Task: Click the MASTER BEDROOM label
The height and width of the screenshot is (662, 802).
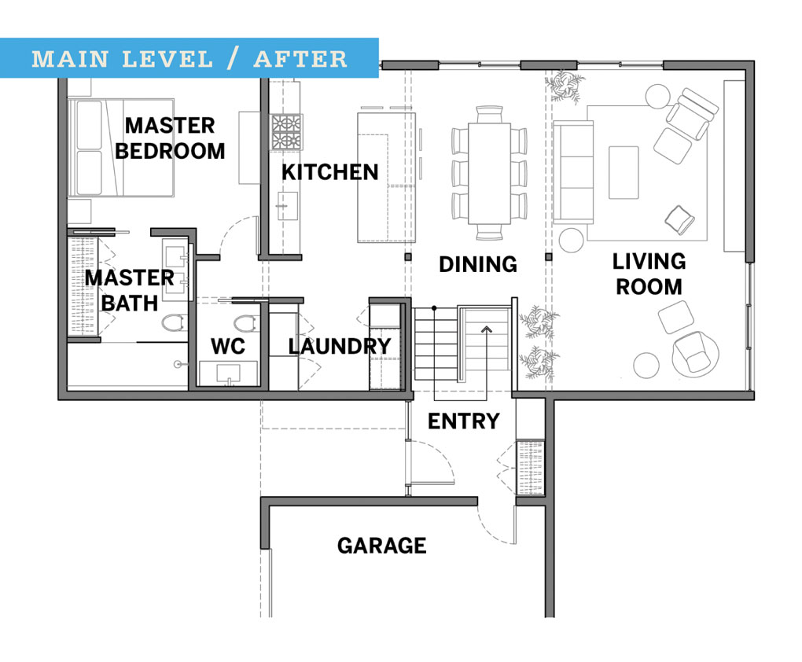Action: pos(170,138)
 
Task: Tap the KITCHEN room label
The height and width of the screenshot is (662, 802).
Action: pos(330,172)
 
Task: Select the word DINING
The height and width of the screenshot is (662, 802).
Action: pos(478,264)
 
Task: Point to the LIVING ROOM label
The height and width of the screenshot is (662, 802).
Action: pos(649,274)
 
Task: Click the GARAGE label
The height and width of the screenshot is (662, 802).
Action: pos(382,546)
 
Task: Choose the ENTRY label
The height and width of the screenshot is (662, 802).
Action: pos(463,421)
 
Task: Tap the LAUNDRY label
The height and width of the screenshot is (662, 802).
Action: pos(339,346)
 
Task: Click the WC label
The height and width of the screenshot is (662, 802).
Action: pos(228,346)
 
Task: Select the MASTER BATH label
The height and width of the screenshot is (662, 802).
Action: pos(130,290)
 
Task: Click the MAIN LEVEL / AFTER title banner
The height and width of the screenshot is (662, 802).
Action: pos(189,58)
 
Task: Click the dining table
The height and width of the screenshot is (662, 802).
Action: pos(489,171)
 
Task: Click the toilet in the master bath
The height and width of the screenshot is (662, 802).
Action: pos(174,322)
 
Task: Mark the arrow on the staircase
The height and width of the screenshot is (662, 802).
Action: pos(487,330)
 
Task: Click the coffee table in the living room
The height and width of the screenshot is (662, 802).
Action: pos(624,172)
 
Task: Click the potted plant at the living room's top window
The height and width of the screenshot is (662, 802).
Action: pos(565,85)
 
